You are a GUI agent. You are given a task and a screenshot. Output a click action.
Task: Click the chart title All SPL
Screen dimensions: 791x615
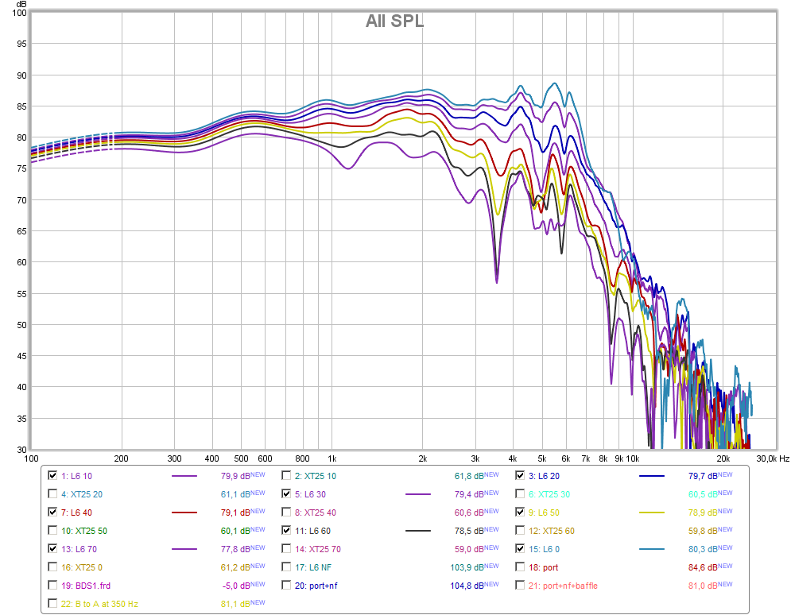click(394, 21)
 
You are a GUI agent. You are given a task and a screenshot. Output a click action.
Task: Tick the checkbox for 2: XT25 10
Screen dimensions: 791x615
click(286, 475)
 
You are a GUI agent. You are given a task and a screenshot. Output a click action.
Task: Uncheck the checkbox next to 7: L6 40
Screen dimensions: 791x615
click(52, 512)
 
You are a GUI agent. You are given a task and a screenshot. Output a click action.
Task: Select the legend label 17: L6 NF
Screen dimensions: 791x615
click(313, 567)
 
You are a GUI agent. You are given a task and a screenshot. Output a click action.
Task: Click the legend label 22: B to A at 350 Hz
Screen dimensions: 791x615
click(99, 604)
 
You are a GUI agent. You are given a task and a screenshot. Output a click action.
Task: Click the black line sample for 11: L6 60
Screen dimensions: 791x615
click(418, 531)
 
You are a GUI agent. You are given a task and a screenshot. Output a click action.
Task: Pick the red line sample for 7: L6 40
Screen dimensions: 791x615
click(184, 512)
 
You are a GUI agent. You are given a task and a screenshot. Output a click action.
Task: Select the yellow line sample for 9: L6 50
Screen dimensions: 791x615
click(652, 512)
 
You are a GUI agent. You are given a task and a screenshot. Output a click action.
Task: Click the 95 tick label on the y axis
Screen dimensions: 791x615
click(21, 44)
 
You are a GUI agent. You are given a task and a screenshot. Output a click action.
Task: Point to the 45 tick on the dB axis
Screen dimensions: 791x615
click(21, 356)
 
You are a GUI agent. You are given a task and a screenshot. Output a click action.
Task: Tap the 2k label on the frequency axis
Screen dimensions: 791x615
click(423, 458)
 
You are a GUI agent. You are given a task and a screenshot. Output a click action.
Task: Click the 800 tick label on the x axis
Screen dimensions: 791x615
click(302, 458)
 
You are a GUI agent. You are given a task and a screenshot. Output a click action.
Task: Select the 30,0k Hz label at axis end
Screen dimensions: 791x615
click(773, 458)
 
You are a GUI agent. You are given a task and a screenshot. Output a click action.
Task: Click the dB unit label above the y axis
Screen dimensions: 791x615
click(21, 4)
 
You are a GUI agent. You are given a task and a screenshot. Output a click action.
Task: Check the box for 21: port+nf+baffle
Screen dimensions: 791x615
click(520, 586)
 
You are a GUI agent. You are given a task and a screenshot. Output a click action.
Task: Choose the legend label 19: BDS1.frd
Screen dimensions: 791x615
click(86, 586)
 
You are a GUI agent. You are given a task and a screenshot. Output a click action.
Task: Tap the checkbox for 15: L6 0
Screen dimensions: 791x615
click(520, 548)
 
